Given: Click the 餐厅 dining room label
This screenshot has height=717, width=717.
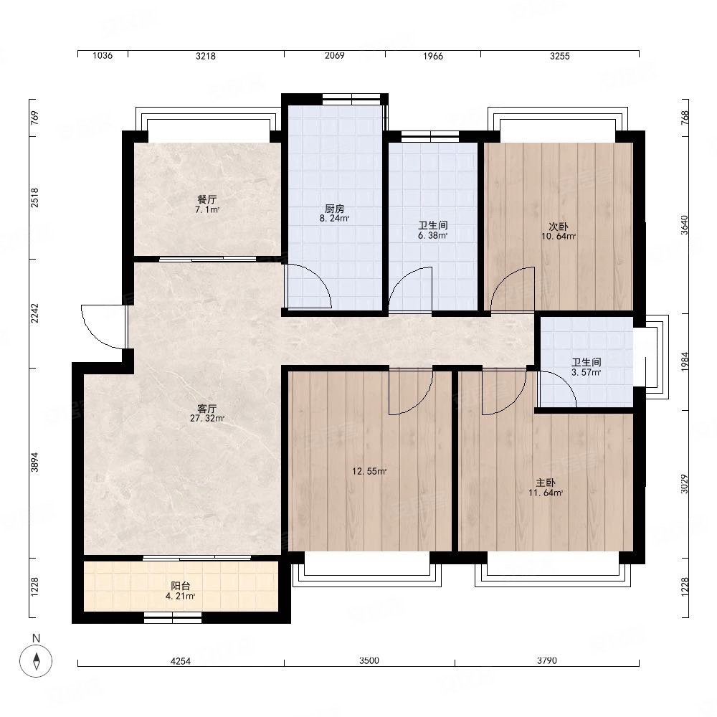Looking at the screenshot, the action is [206, 199].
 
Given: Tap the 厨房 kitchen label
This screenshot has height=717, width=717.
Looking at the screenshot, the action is [334, 209].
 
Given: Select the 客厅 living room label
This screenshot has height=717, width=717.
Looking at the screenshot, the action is [206, 409].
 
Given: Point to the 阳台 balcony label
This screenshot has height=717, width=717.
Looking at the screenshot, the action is [180, 586].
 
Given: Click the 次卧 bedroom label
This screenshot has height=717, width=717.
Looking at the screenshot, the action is [559, 227].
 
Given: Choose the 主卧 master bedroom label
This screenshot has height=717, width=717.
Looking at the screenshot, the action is [546, 483].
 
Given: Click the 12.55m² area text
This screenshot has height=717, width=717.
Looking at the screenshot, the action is [369, 471].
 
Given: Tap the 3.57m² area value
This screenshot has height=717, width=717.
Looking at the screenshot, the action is [587, 372].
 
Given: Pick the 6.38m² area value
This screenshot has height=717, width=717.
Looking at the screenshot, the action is [432, 235].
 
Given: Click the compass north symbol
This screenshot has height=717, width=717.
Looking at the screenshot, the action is [36, 661].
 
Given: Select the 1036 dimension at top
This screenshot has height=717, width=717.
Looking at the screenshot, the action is [103, 55].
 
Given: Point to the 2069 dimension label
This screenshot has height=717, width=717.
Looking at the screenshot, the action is [334, 55].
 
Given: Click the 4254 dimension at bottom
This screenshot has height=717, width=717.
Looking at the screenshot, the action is [181, 661].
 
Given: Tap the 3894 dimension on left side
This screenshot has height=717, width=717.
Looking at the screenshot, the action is [34, 462].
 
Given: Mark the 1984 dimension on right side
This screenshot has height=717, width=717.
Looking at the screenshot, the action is [685, 361].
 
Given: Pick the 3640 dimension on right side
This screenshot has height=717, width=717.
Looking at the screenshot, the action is [685, 225].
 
